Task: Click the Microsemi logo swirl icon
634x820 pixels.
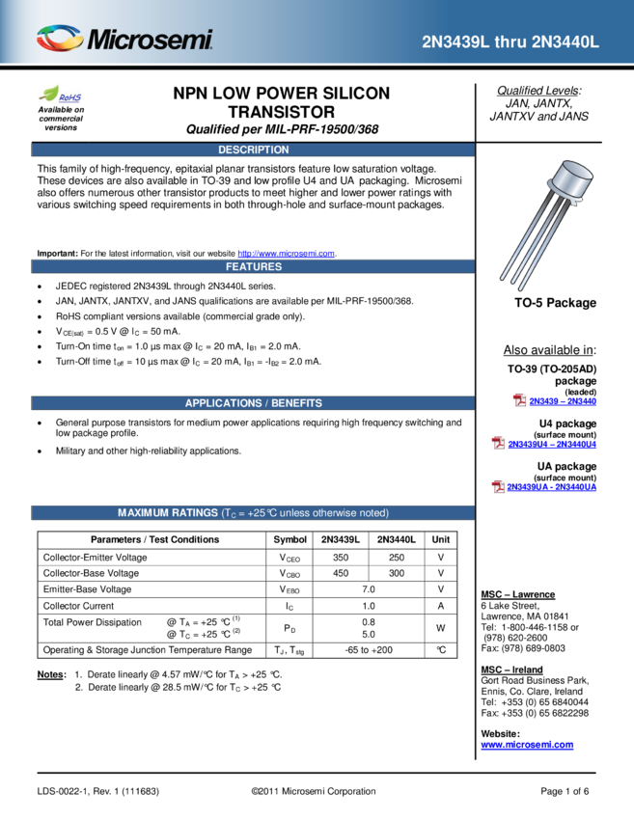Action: point(59,39)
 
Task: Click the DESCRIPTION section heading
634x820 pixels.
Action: point(253,150)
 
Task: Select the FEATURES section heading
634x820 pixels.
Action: point(254,266)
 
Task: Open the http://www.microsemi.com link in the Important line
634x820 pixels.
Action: point(287,254)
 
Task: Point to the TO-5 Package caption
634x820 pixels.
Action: point(555,303)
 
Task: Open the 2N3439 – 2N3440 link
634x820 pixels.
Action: point(563,401)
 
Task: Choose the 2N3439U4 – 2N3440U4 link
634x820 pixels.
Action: point(552,445)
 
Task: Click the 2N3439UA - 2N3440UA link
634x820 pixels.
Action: point(551,487)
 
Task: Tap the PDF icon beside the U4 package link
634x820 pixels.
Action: point(498,444)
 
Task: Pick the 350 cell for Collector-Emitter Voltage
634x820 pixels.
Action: point(341,558)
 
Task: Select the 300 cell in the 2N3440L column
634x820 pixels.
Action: point(397,573)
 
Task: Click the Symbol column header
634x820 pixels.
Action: point(289,539)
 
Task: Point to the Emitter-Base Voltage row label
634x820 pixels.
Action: point(88,589)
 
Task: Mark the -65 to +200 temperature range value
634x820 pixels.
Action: point(369,650)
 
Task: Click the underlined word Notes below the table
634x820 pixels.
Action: point(51,674)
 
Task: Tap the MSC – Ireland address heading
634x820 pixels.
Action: point(511,670)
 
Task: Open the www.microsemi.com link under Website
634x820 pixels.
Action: point(527,745)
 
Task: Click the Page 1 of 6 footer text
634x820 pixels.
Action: point(565,791)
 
